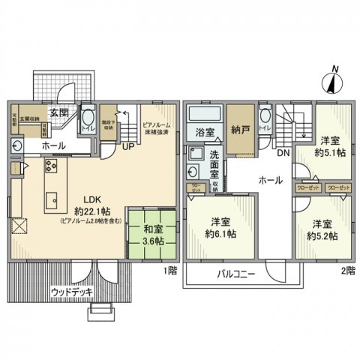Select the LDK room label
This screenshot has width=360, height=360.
[x=92, y=200]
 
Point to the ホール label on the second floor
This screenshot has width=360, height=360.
[x=270, y=180]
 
